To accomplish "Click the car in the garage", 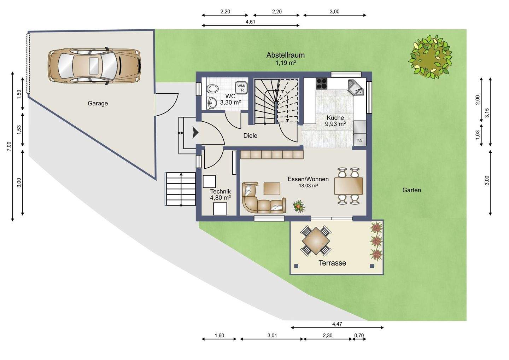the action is [94, 66].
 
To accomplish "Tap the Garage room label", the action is [98, 103].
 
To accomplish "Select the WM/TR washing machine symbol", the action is [241, 88].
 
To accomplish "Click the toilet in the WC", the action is [213, 89].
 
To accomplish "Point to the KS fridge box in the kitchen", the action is [360, 140].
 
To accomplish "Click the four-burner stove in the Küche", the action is [322, 84].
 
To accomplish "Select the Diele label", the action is [250, 136].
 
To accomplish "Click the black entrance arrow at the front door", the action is [195, 133].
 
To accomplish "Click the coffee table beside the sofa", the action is [272, 188].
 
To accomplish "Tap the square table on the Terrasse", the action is [316, 241].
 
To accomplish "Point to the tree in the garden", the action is [430, 57].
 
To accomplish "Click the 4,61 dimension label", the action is [250, 22].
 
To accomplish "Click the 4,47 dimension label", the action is [337, 324].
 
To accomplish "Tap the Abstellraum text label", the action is [285, 55].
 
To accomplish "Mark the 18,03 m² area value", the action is [308, 186].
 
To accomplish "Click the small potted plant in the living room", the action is [299, 206].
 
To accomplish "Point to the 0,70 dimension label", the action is [359, 336].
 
